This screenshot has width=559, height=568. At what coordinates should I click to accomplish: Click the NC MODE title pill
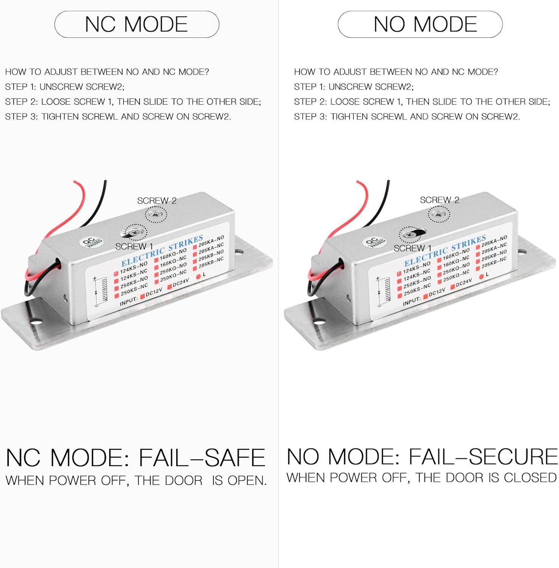[x=137, y=24]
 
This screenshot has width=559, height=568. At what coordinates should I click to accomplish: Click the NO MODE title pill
[x=420, y=24]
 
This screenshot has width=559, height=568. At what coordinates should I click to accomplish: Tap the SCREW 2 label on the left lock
[x=157, y=201]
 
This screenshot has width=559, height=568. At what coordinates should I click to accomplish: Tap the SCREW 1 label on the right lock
[x=412, y=248]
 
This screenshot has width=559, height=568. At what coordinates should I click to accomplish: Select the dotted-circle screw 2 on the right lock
[x=439, y=215]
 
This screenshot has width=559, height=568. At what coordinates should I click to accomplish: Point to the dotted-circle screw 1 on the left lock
[x=136, y=232]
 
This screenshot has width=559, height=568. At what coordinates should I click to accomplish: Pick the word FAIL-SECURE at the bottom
[x=483, y=456]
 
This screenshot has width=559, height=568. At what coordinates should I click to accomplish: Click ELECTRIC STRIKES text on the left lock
[x=162, y=251]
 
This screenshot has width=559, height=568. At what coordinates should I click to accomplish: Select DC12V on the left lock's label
[x=154, y=292]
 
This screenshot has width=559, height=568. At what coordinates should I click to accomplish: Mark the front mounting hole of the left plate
[x=36, y=321]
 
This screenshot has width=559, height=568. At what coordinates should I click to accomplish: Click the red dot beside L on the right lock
[x=481, y=277]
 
